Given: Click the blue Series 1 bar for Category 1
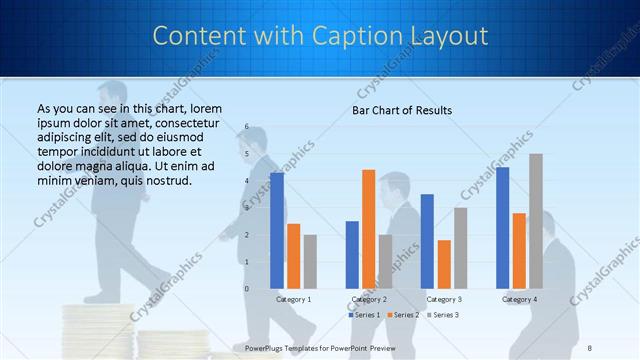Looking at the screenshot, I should (x=277, y=231).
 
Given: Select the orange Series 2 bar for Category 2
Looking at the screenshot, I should (x=368, y=229).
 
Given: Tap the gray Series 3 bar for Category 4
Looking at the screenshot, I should (x=536, y=221).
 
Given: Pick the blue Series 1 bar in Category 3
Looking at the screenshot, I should (x=427, y=241).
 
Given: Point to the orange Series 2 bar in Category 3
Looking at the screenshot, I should (x=444, y=264).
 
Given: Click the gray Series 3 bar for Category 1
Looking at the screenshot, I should (x=310, y=262).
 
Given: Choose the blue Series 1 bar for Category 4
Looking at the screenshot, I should (x=502, y=228).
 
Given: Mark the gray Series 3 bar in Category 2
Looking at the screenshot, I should (x=385, y=262).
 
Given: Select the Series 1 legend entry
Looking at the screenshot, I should (x=363, y=315).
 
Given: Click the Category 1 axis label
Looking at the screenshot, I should (x=293, y=299).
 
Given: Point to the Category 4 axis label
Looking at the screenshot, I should (x=519, y=299).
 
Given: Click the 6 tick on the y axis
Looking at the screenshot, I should (x=246, y=127).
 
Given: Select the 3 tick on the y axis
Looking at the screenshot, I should (x=246, y=208).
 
